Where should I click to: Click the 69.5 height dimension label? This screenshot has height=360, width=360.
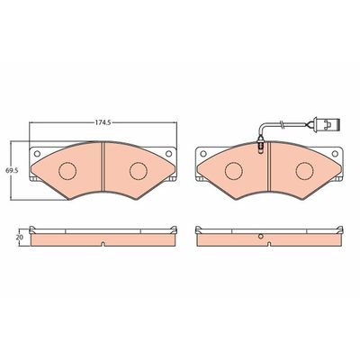click(13, 170)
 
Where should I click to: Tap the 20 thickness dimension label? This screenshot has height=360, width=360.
click(21, 237)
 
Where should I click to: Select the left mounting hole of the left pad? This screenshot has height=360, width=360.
click(37, 154)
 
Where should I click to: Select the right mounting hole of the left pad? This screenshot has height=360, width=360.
click(169, 154)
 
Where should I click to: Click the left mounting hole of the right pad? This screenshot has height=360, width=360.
click(203, 154)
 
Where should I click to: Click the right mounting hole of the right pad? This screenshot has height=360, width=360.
click(335, 154)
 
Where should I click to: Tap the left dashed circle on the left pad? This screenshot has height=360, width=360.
click(67, 171)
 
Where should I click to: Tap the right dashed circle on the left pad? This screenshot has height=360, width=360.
click(139, 171)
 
